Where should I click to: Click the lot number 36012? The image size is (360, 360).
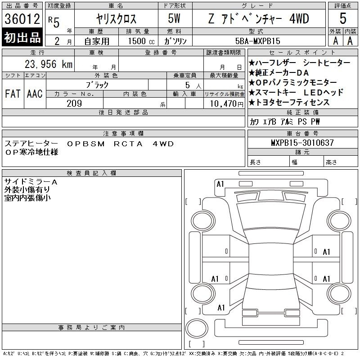pos(22,19)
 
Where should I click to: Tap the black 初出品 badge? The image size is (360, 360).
pos(22,37)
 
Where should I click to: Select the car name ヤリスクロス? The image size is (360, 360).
pos(116,19)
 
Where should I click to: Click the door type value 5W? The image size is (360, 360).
pos(174,18)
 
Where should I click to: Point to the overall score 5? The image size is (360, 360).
pos(343,18)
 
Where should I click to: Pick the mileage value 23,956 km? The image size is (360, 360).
pos(49,64)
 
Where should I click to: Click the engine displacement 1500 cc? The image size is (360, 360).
pos(141,41)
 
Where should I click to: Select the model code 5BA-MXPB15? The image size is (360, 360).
pos(257,41)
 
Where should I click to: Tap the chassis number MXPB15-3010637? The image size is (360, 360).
pos(302,143)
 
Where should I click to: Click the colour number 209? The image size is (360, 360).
pos(74,103)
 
